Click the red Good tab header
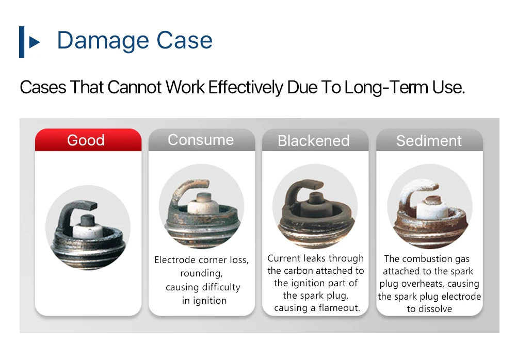[x=88, y=140]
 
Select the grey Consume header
[x=202, y=140]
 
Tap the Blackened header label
[x=314, y=141]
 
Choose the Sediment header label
[x=429, y=141]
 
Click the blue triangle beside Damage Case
[x=34, y=42]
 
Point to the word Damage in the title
[x=102, y=40]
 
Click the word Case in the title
[x=184, y=40]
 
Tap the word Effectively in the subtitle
[x=246, y=87]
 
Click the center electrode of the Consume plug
[x=203, y=198]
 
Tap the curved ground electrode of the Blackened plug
[x=298, y=190]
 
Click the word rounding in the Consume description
[x=201, y=273]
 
